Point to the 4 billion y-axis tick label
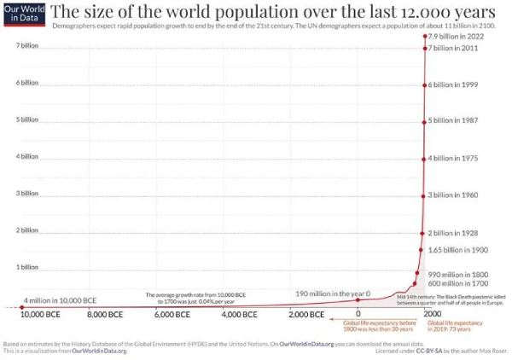27,157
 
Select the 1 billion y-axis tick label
27,268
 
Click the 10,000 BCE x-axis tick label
40,315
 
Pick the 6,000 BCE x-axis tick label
172,315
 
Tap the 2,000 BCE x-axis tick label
305,315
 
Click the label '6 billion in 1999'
459,85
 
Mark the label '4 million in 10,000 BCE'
60,300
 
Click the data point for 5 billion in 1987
424,121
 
